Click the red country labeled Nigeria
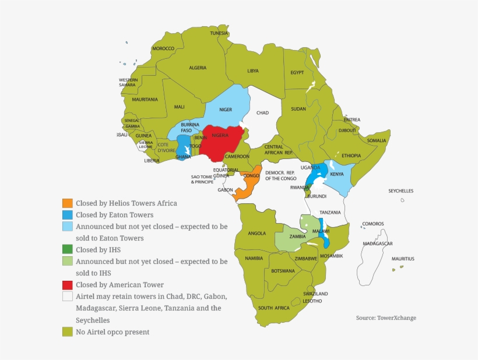pyautogui.click(x=220, y=143)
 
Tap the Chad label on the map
pyautogui.click(x=262, y=113)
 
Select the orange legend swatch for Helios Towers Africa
pyautogui.click(x=68, y=204)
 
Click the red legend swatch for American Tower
pyautogui.click(x=68, y=285)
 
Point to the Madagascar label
pyautogui.click(x=378, y=243)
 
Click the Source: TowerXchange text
pyautogui.click(x=386, y=318)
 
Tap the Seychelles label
pyautogui.click(x=401, y=191)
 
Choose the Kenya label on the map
pyautogui.click(x=337, y=174)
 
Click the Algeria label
pyautogui.click(x=198, y=68)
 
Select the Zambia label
pyautogui.click(x=298, y=237)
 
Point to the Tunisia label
pyautogui.click(x=219, y=33)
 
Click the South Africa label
pyautogui.click(x=273, y=308)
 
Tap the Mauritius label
pyautogui.click(x=403, y=259)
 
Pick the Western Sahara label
pyautogui.click(x=128, y=82)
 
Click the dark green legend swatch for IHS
pyautogui.click(x=68, y=250)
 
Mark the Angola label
pyautogui.click(x=257, y=234)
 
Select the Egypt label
pyautogui.click(x=297, y=72)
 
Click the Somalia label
pyautogui.click(x=377, y=140)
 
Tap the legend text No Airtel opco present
pyautogui.click(x=113, y=332)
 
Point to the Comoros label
pyautogui.click(x=373, y=224)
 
